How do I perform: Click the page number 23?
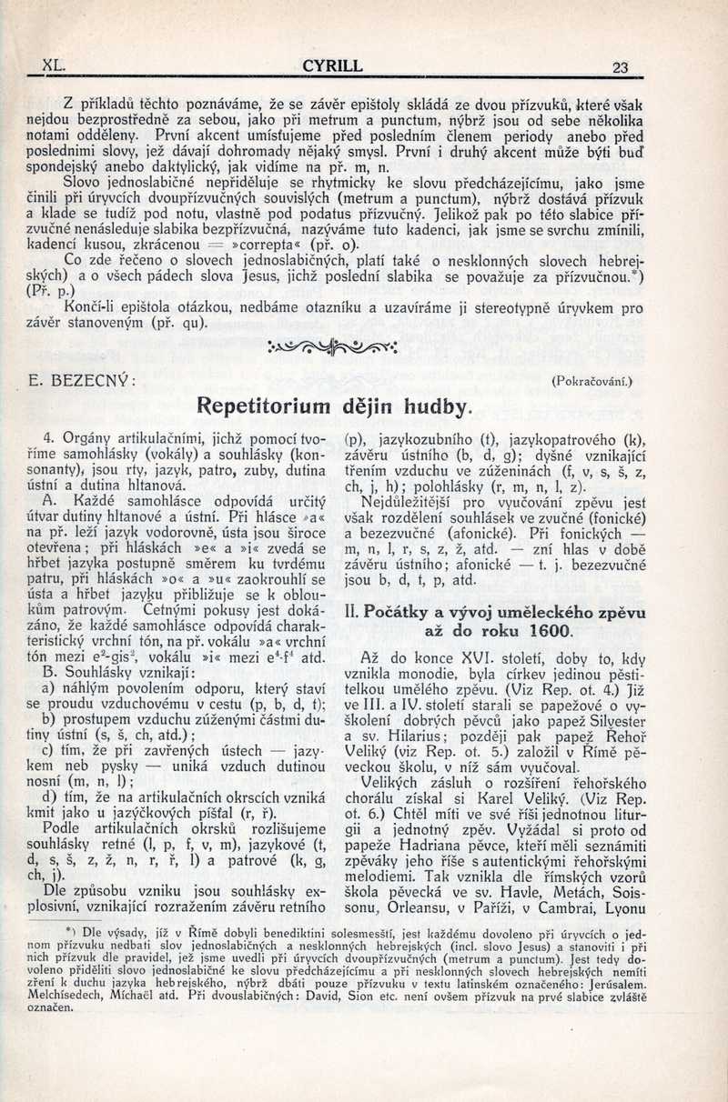pyautogui.click(x=622, y=66)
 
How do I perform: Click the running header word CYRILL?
pyautogui.click(x=333, y=65)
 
